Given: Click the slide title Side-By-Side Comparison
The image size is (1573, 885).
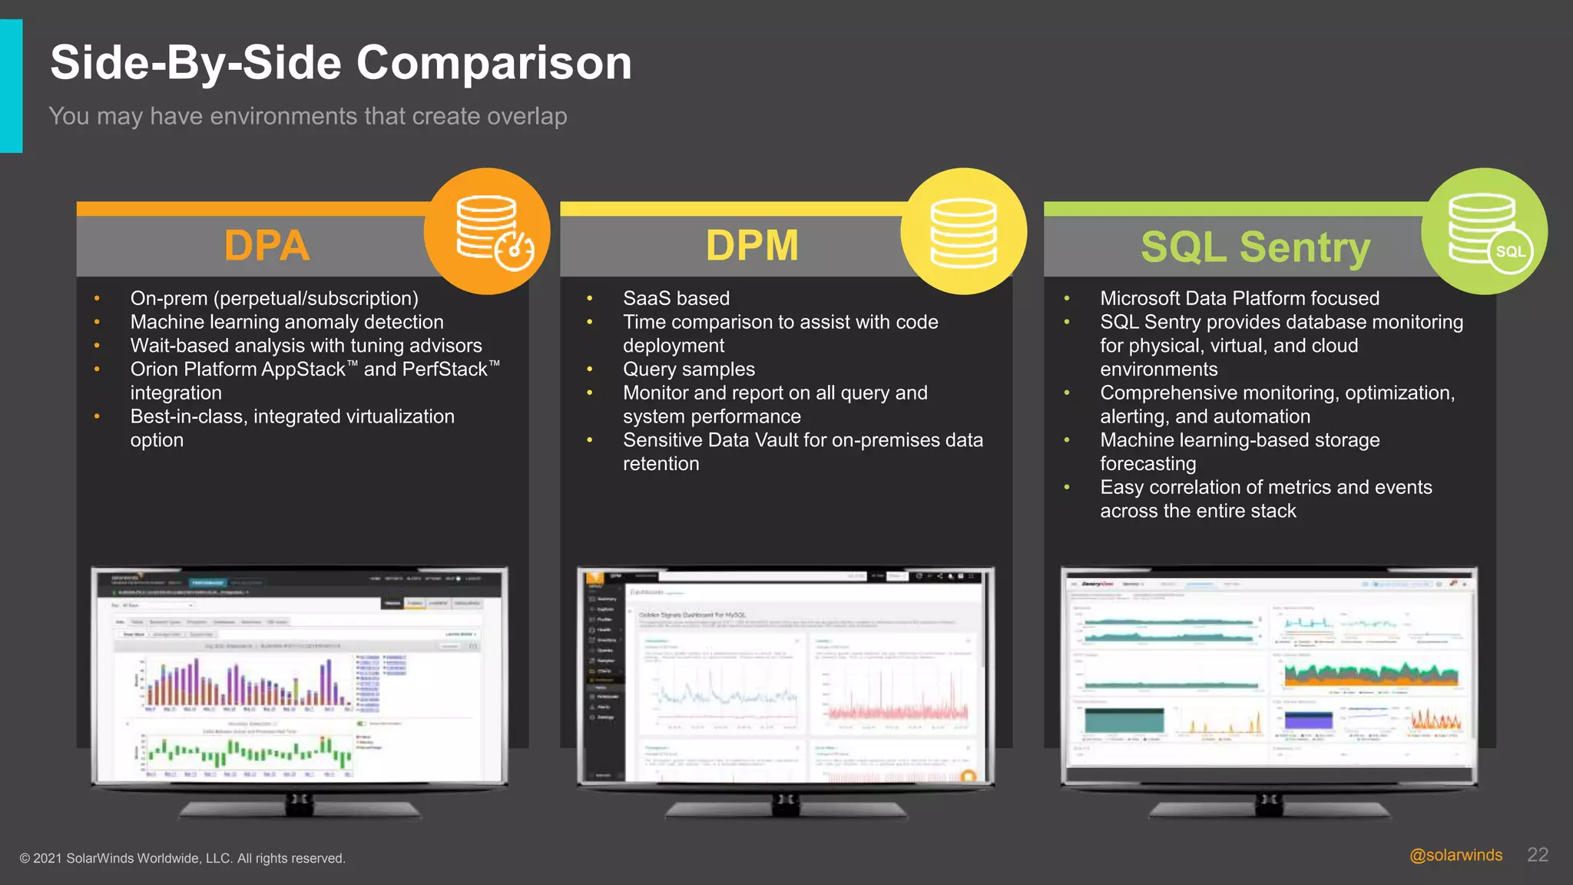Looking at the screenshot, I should pyautogui.click(x=340, y=63).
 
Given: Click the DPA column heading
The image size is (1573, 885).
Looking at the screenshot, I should pyautogui.click(x=267, y=246).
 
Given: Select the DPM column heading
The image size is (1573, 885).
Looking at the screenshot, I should pyautogui.click(x=752, y=246).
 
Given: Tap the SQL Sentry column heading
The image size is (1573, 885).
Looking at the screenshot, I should pyautogui.click(x=1255, y=247).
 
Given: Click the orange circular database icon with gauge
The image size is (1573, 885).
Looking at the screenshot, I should pyautogui.click(x=487, y=230).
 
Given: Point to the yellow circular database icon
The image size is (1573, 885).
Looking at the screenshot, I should pyautogui.click(x=963, y=230).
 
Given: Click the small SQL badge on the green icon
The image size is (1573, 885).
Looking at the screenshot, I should pyautogui.click(x=1510, y=252).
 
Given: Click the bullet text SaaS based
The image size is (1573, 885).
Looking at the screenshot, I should pyautogui.click(x=676, y=298).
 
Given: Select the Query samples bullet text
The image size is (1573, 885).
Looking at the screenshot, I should pyautogui.click(x=688, y=370).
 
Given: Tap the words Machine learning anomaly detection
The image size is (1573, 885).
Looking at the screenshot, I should pyautogui.click(x=286, y=322).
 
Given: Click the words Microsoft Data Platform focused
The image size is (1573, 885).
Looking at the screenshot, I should pyautogui.click(x=1239, y=298).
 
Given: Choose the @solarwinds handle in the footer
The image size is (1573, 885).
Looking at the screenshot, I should pyautogui.click(x=1455, y=855).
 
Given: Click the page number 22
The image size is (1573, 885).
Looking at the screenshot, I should pyautogui.click(x=1538, y=855).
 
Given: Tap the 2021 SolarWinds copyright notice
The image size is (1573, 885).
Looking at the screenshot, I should pyautogui.click(x=182, y=858).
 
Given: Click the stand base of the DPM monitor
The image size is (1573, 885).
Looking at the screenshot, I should pyautogui.click(x=786, y=810).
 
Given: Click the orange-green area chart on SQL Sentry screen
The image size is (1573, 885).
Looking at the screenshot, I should pyautogui.click(x=1371, y=675).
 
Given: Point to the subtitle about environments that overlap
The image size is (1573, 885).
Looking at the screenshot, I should pyautogui.click(x=307, y=116).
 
